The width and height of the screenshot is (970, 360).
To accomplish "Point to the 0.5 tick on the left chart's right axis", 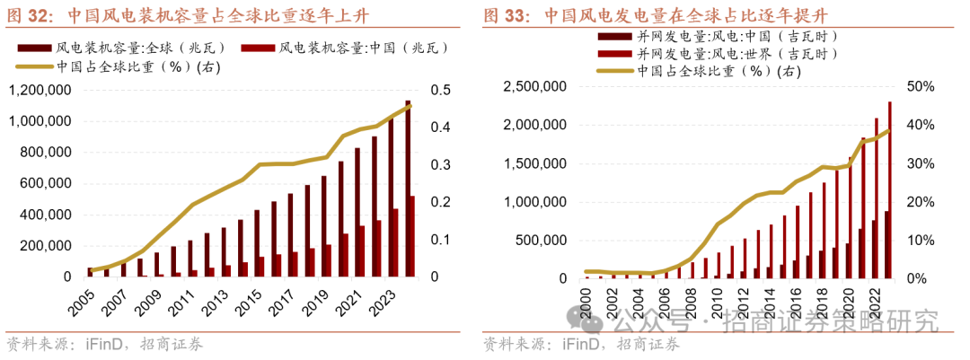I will pos(441,90).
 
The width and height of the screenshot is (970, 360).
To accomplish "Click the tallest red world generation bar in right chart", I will pos(889,189).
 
